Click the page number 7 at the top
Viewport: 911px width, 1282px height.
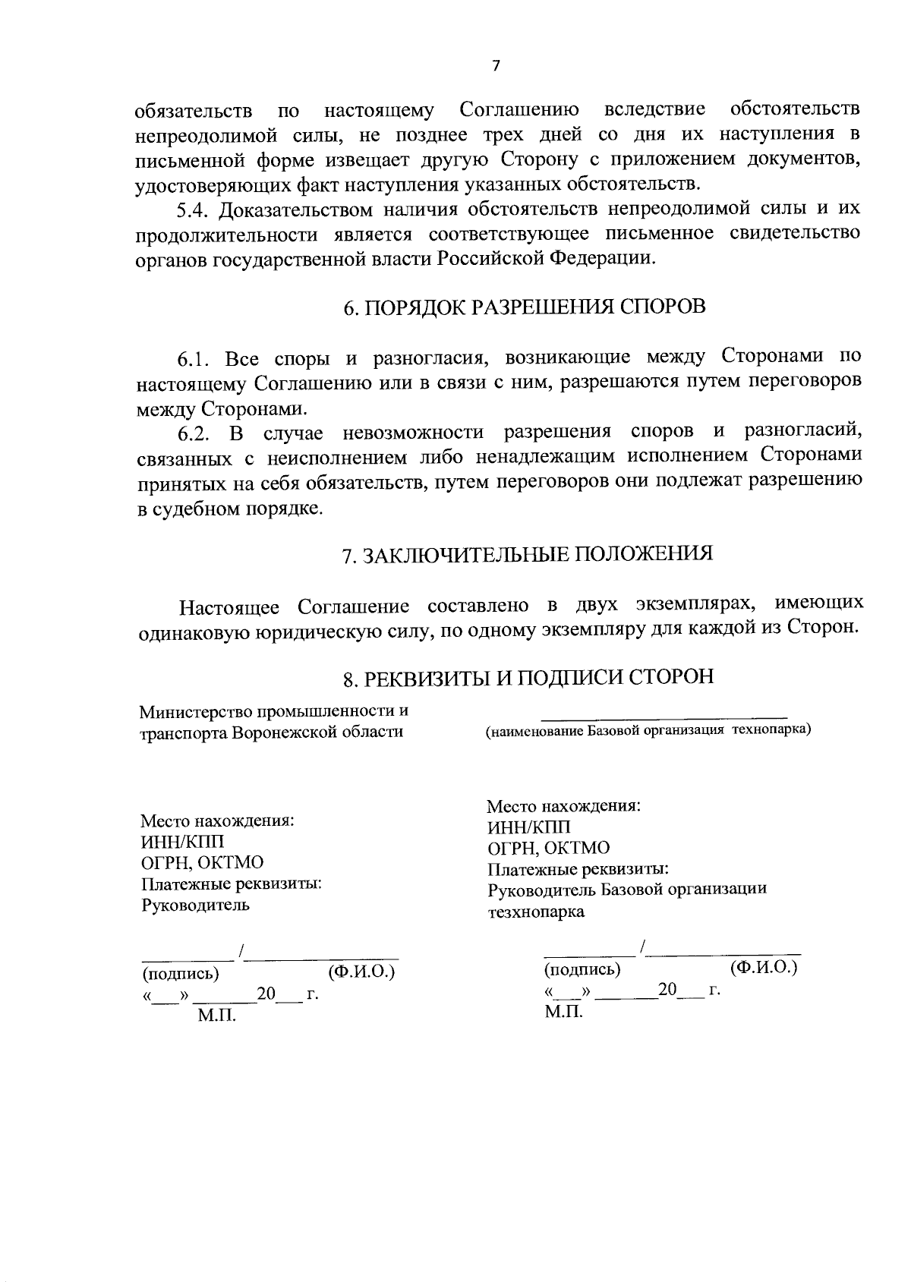(496, 66)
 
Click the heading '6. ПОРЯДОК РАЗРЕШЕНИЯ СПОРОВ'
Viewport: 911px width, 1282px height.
(524, 307)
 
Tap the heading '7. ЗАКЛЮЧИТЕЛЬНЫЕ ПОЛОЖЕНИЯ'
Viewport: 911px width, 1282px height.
(527, 554)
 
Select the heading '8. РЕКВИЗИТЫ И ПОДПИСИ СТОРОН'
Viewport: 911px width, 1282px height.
(528, 677)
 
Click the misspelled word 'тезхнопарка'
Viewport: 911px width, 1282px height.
(536, 912)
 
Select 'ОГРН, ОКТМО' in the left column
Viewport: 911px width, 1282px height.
(202, 863)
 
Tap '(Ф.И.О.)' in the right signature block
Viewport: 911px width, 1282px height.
(763, 968)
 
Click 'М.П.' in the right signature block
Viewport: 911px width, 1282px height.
(563, 1012)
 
